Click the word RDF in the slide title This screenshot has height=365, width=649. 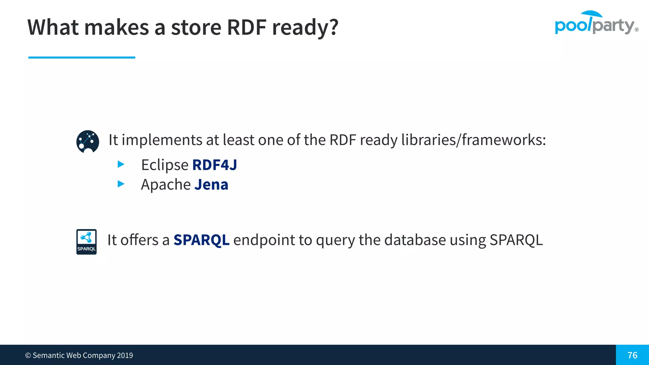(247, 27)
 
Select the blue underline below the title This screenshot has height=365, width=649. (82, 57)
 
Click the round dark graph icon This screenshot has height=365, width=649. (88, 142)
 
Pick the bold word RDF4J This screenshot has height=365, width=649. (215, 165)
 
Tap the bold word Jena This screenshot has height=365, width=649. (211, 185)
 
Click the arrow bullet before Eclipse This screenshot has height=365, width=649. (121, 164)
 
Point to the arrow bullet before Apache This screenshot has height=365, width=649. (121, 184)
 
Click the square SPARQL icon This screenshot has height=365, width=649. (87, 242)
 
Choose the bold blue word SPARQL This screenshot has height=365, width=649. (201, 240)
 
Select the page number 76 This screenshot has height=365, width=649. (632, 355)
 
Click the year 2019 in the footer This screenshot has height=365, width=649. (125, 355)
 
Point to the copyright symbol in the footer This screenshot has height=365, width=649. (28, 355)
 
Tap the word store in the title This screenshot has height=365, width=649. (196, 27)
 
